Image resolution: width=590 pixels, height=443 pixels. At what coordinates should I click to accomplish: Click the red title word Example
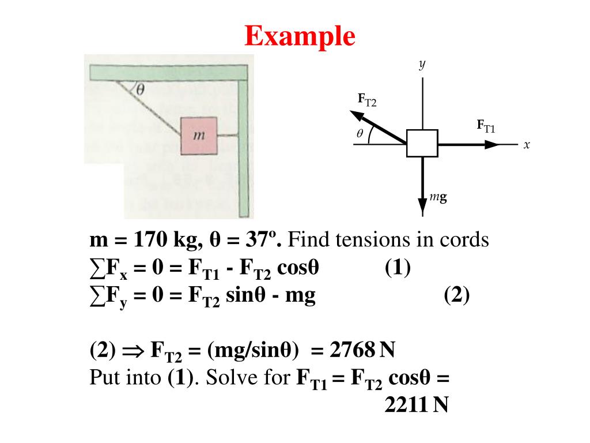click(x=300, y=37)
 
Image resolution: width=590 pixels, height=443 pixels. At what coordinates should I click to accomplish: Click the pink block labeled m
click(x=199, y=136)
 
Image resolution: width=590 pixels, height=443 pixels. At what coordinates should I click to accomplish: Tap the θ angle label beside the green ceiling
click(x=140, y=89)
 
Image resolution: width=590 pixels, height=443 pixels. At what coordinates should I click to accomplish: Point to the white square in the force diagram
click(x=422, y=143)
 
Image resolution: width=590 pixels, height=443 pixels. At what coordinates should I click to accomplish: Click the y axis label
click(x=422, y=65)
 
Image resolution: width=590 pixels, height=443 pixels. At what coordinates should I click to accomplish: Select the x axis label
click(x=526, y=145)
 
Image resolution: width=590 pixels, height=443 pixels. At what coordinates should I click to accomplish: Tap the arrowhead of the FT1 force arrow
click(x=493, y=144)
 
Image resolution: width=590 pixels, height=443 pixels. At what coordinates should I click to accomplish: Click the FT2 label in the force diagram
click(x=366, y=100)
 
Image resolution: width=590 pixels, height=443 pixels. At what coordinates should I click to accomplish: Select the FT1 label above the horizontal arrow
click(x=486, y=126)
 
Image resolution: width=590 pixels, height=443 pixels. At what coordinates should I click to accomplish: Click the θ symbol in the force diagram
click(x=360, y=134)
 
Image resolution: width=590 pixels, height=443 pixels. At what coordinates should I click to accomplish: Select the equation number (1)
click(x=398, y=268)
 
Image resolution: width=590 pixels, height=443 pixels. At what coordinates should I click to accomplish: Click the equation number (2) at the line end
click(x=457, y=296)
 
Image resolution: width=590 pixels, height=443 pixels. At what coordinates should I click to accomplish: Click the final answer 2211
click(x=406, y=406)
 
